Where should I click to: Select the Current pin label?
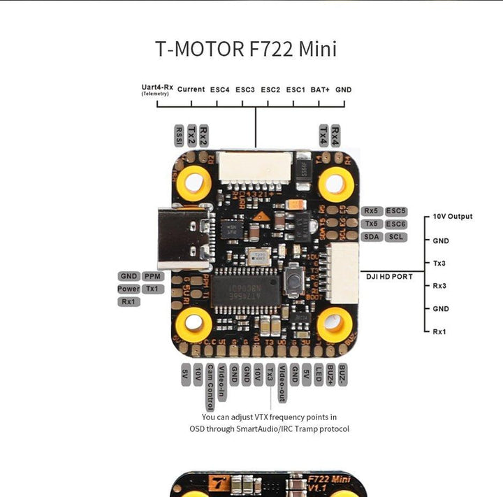(x=191, y=89)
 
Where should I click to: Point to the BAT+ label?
(x=320, y=89)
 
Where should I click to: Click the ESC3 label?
(x=245, y=89)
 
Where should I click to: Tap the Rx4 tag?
(x=336, y=133)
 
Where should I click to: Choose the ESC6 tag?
(x=396, y=210)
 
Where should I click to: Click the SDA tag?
(x=370, y=237)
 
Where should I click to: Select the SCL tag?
(x=396, y=237)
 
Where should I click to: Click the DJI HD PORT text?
(x=390, y=277)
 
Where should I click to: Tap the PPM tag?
(x=152, y=276)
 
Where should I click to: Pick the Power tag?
(x=129, y=289)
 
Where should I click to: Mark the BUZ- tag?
(x=342, y=375)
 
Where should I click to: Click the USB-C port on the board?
(x=182, y=238)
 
